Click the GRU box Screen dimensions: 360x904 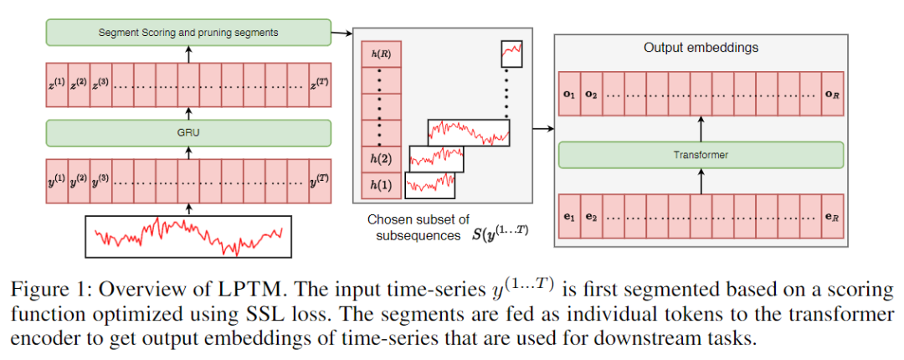click(x=187, y=132)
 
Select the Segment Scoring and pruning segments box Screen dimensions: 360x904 click(x=187, y=33)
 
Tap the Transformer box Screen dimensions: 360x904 click(x=701, y=155)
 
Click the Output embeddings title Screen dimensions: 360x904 click(x=701, y=48)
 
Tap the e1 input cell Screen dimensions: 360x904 click(x=569, y=217)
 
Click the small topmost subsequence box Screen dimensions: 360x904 click(x=511, y=54)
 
